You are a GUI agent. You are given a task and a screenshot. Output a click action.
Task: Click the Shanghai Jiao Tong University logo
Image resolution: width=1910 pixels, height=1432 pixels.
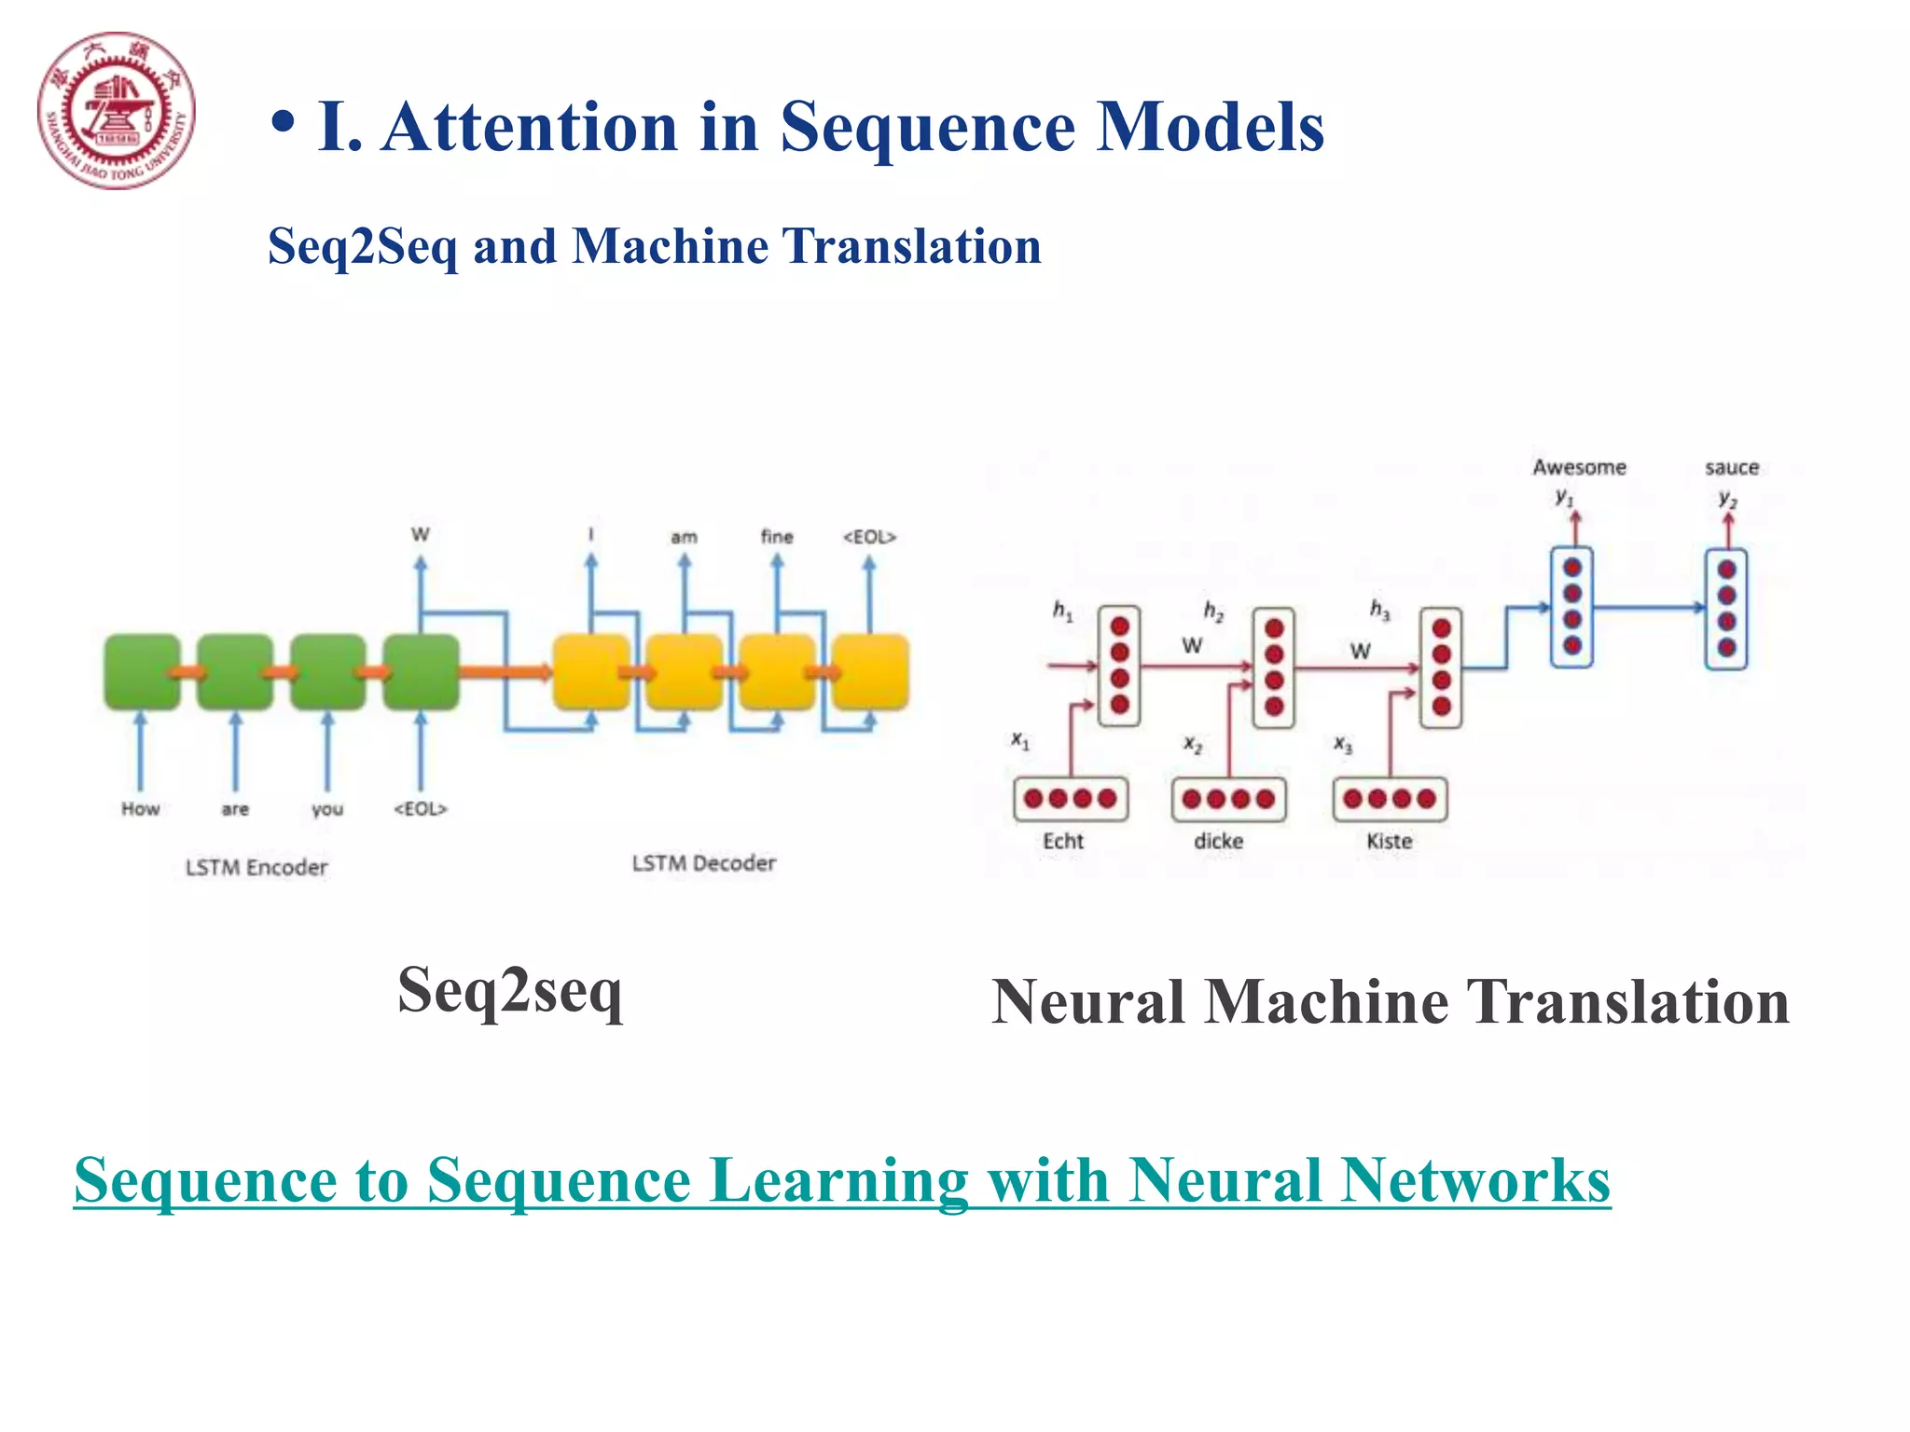(x=117, y=111)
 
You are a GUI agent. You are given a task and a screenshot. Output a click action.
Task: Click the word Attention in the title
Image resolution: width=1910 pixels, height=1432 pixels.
(x=530, y=127)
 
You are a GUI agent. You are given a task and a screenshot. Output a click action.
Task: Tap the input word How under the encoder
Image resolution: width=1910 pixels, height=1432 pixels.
(x=140, y=808)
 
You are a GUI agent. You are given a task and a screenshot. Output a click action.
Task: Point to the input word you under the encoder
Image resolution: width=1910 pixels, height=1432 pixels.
(x=327, y=808)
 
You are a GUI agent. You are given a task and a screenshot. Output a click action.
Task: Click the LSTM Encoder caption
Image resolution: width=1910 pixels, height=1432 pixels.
(x=256, y=867)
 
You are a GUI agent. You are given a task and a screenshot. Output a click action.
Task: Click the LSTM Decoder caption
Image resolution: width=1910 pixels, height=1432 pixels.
(x=703, y=863)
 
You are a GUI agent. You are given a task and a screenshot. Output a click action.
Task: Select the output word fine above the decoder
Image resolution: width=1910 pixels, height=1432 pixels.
(x=776, y=537)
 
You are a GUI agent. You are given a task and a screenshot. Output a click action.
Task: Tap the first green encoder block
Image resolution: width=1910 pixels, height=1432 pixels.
(x=142, y=671)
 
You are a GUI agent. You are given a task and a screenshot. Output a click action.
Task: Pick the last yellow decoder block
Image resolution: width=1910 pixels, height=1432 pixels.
(x=870, y=671)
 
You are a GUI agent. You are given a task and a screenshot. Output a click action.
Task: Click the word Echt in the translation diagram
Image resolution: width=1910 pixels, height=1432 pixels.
(x=1062, y=841)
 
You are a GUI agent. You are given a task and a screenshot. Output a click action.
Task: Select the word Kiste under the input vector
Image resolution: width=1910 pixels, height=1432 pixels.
(x=1389, y=841)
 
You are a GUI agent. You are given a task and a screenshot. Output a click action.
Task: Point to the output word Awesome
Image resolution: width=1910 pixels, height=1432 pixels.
(x=1579, y=467)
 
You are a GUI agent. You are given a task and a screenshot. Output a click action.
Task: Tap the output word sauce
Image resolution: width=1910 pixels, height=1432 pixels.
(x=1732, y=467)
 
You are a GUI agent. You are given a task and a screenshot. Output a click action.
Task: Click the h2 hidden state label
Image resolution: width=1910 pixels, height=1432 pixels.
(x=1212, y=611)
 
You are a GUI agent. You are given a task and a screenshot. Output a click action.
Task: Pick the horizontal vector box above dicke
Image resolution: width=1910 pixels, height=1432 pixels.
(x=1228, y=799)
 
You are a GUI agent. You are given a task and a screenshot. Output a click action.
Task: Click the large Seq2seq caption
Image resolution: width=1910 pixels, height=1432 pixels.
(x=510, y=992)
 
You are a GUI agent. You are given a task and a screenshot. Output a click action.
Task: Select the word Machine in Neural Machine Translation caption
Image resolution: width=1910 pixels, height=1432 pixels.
(x=1326, y=1002)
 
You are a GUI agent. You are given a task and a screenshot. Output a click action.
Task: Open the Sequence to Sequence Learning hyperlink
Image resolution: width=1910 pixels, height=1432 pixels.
(x=841, y=1180)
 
